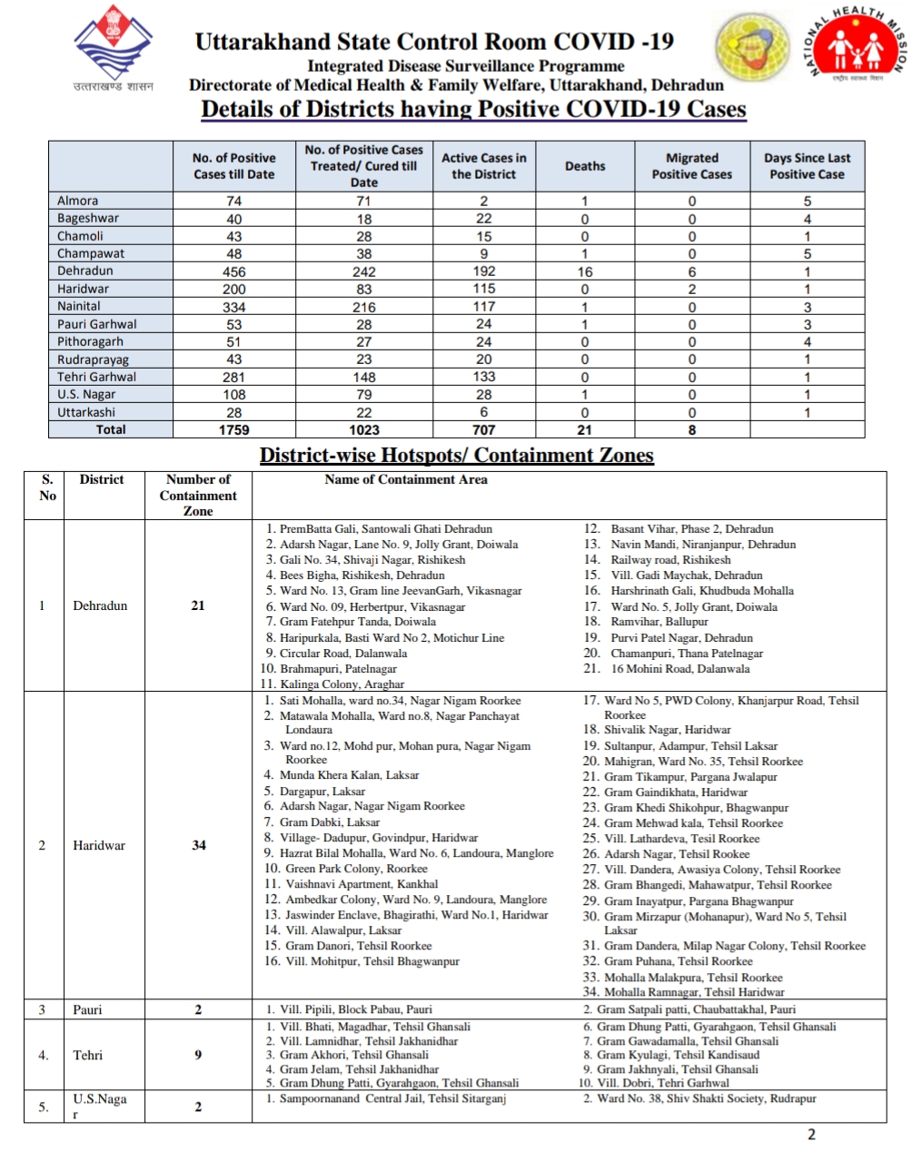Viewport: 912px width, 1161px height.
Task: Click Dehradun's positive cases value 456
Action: coord(233,271)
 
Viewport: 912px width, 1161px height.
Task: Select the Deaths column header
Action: coord(585,166)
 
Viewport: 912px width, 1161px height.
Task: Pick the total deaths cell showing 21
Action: coord(584,430)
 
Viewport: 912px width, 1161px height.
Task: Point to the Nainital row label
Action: coord(79,307)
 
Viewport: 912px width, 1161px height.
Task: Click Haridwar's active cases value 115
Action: coord(483,289)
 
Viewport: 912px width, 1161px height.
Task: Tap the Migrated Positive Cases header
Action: coord(691,166)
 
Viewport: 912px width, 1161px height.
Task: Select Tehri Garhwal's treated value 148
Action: coord(363,378)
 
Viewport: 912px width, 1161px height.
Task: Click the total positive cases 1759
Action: coord(233,430)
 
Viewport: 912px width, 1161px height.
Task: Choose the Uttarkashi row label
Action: coord(86,412)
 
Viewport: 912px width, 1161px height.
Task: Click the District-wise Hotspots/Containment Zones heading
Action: coord(456,456)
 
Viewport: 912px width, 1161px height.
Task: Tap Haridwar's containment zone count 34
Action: coord(198,845)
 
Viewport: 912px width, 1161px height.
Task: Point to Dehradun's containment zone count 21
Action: coord(198,605)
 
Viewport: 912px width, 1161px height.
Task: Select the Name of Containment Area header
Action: coord(405,480)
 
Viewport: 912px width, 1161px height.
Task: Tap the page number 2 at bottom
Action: coord(811,1134)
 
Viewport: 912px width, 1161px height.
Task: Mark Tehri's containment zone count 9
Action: coord(198,1055)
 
